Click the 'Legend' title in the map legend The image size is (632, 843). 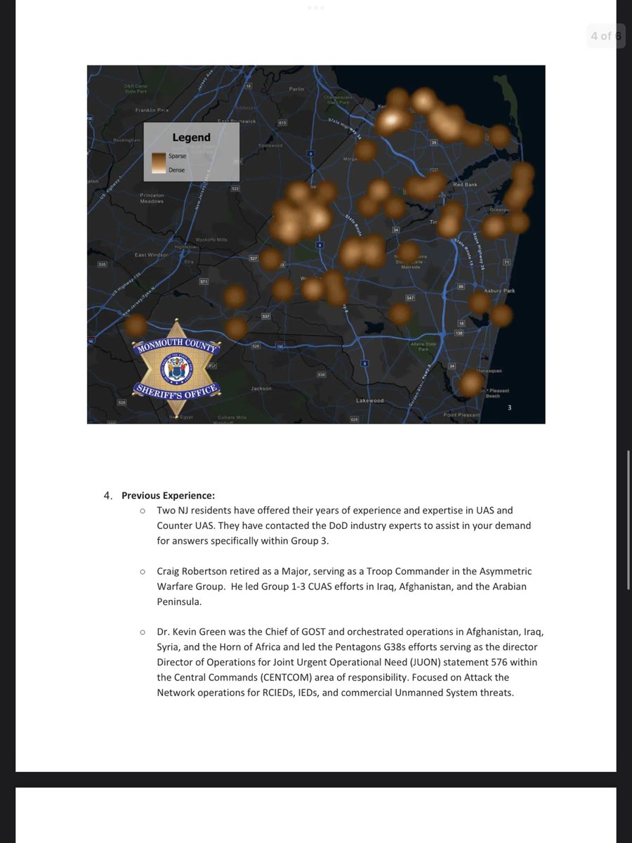coord(191,137)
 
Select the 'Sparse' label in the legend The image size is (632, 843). coord(177,156)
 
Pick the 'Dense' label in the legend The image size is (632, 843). coord(176,170)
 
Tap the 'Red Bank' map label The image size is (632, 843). coord(465,185)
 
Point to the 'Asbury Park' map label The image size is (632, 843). coord(499,290)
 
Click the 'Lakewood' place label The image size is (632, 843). coord(370,400)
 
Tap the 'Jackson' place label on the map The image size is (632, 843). coord(261,388)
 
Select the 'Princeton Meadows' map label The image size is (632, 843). coord(152,198)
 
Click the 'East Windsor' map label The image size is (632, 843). coord(151,255)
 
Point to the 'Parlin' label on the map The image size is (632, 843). coord(296,90)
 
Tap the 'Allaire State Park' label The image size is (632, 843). coord(423,346)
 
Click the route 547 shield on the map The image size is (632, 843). coord(411,298)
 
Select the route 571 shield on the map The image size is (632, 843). coord(204,281)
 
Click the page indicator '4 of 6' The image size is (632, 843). coord(605,36)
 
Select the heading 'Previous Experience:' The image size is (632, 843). coord(168,495)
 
